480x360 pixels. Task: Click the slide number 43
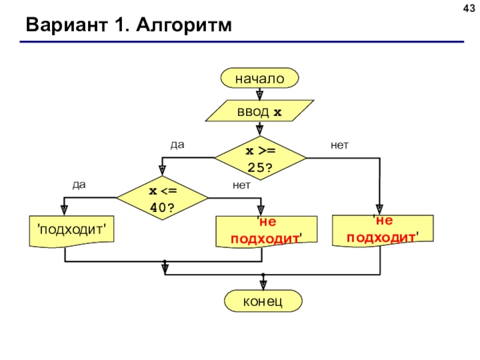pyautogui.click(x=469, y=8)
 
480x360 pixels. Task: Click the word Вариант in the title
pyautogui.click(x=67, y=25)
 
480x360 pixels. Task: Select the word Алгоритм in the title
pyautogui.click(x=184, y=25)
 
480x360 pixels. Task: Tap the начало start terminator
pyautogui.click(x=260, y=79)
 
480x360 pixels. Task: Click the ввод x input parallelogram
pyautogui.click(x=260, y=111)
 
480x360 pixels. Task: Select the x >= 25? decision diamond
pyautogui.click(x=260, y=158)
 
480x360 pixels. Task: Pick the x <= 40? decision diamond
pyautogui.click(x=162, y=198)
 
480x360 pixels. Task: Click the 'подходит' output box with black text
pyautogui.click(x=71, y=231)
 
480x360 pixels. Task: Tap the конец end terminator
pyautogui.click(x=263, y=301)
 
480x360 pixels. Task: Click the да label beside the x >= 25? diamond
pyautogui.click(x=178, y=145)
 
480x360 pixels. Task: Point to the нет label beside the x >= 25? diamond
pyautogui.click(x=340, y=145)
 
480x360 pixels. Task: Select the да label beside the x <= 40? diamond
pyautogui.click(x=79, y=185)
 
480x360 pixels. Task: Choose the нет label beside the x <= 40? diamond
pyautogui.click(x=242, y=185)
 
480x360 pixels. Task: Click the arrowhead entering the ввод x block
pyautogui.click(x=260, y=96)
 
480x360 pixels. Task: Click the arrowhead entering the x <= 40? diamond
pyautogui.click(x=162, y=170)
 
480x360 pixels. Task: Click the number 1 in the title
pyautogui.click(x=121, y=25)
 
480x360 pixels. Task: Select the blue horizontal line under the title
pyautogui.click(x=242, y=41)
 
